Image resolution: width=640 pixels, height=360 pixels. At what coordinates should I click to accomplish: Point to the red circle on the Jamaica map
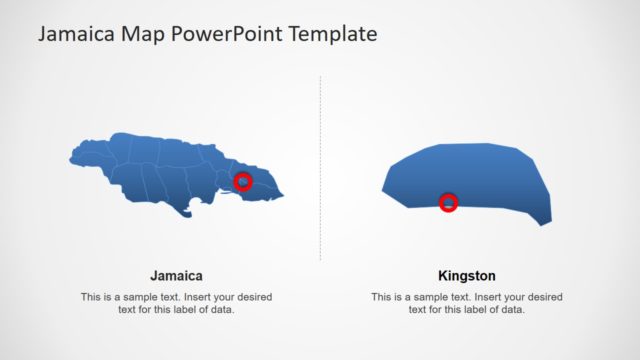(x=242, y=181)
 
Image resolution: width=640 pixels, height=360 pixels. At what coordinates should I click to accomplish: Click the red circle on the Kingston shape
(x=449, y=203)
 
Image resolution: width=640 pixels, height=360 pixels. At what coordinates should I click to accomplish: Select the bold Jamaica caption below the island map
(x=177, y=275)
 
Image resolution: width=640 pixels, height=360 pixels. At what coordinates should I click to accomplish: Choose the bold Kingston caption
(x=467, y=275)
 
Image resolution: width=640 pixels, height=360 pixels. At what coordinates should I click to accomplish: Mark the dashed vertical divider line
(x=320, y=170)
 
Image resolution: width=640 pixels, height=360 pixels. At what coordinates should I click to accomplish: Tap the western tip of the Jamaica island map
(x=71, y=157)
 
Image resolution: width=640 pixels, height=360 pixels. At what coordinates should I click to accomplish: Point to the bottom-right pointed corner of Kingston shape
(x=545, y=224)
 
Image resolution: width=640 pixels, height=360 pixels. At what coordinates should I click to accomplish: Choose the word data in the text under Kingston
(x=514, y=310)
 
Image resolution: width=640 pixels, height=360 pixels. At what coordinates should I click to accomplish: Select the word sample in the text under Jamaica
(x=142, y=297)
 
